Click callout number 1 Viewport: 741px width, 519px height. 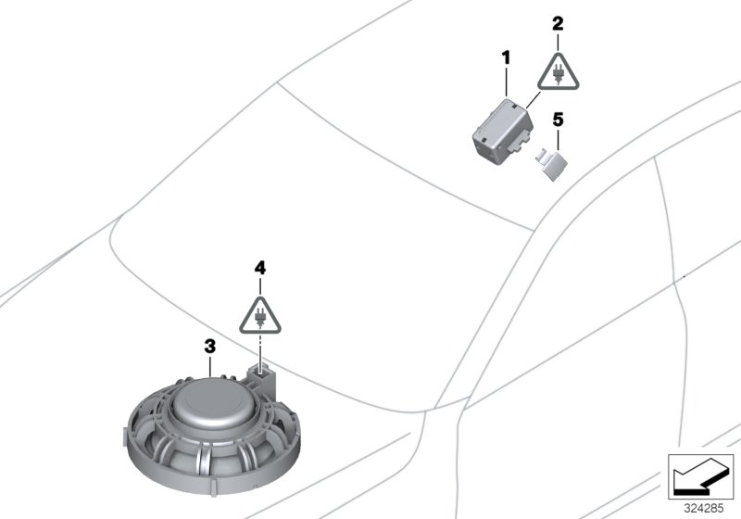(507, 58)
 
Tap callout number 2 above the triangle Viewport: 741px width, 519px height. (558, 22)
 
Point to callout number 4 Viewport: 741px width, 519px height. (260, 267)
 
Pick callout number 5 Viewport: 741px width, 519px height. (558, 119)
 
